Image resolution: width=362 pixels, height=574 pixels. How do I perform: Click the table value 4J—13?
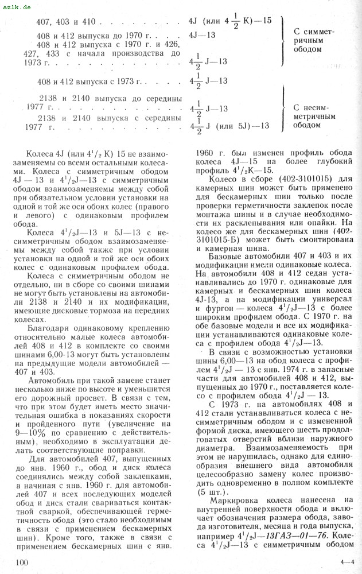pyautogui.click(x=202, y=35)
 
